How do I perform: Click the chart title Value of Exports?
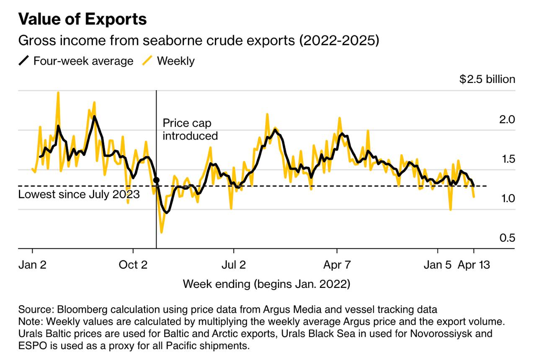tap(82, 19)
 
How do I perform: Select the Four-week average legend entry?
tap(76, 61)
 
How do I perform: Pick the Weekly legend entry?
tap(169, 61)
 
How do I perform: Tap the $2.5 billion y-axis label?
tap(487, 79)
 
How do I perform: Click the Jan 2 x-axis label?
tap(32, 265)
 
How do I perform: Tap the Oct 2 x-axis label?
tap(133, 265)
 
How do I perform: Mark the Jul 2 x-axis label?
tap(234, 265)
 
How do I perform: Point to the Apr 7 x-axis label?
tap(337, 265)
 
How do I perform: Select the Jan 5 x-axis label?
tap(438, 265)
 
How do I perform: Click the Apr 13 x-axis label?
tap(474, 265)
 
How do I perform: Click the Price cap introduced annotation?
tap(190, 129)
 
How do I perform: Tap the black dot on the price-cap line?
tap(156, 180)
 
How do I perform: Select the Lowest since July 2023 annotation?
tap(79, 194)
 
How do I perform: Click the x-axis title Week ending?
tap(266, 284)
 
